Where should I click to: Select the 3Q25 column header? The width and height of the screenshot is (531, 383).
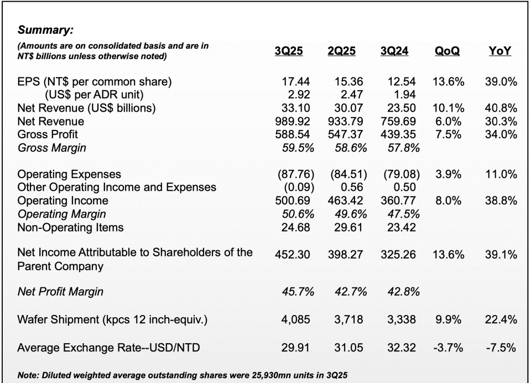point(289,51)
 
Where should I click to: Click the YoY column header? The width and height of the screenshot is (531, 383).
point(500,51)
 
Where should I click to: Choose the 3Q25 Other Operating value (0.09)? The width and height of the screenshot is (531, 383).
point(294,187)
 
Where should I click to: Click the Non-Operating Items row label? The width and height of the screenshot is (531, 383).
point(71,227)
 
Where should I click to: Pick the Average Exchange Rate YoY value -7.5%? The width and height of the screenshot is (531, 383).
point(503,348)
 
